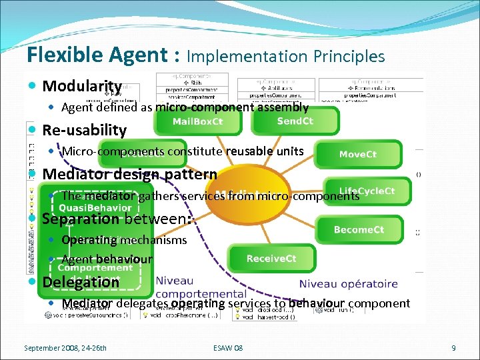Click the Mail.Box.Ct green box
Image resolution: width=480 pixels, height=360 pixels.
[198, 121]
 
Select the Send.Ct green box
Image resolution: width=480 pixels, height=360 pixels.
[295, 121]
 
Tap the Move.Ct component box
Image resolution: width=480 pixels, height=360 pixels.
[358, 154]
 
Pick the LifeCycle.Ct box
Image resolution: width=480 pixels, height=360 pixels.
[367, 191]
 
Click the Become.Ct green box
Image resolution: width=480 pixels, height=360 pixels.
[359, 230]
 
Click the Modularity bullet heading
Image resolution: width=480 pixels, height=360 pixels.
[82, 86]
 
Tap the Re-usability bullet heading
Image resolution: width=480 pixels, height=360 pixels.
[84, 130]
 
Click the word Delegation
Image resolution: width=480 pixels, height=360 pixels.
[81, 282]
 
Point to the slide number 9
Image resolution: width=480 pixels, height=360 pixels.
[453, 348]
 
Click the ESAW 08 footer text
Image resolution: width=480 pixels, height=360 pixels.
[229, 348]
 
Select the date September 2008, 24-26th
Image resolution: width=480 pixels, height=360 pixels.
[65, 348]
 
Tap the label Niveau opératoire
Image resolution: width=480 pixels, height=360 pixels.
[348, 284]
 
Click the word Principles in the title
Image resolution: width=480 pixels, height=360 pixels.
[348, 57]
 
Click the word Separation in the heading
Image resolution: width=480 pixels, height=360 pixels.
[81, 219]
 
